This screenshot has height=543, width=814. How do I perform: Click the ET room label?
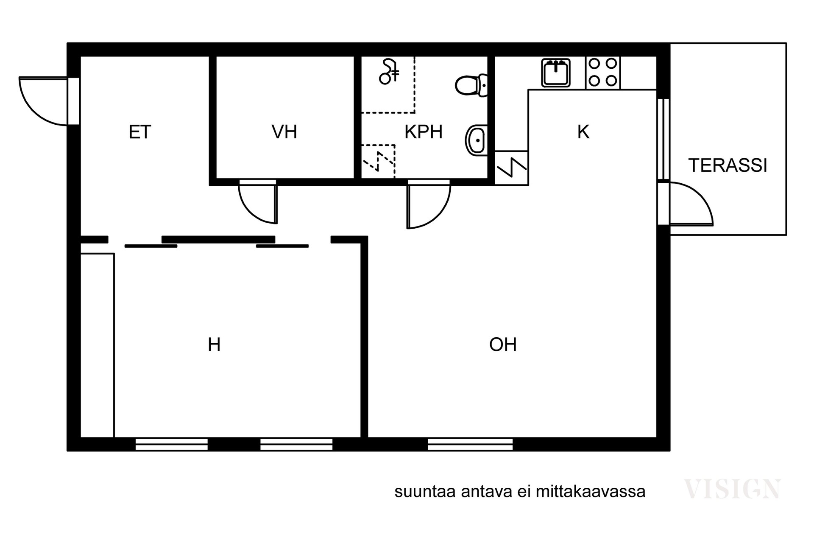[x=140, y=132]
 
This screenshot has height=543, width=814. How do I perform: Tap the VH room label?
[x=284, y=132]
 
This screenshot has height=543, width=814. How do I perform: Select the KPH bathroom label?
[x=424, y=132]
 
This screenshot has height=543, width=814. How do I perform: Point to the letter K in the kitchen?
[x=583, y=132]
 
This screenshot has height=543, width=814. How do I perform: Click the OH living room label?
[x=503, y=345]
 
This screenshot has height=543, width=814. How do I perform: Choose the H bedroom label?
[x=214, y=345]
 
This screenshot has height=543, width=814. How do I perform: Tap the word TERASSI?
[x=728, y=165]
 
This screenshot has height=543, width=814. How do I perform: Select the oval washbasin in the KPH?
[x=477, y=140]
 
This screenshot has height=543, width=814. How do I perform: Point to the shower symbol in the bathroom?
[x=389, y=72]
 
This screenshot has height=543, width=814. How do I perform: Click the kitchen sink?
[x=555, y=73]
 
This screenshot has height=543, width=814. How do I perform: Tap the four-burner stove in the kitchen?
[x=602, y=73]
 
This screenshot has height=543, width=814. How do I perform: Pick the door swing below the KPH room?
[x=427, y=204]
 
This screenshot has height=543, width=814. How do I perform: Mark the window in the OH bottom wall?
[x=470, y=444]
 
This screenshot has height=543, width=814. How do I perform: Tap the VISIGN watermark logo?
[x=732, y=489]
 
